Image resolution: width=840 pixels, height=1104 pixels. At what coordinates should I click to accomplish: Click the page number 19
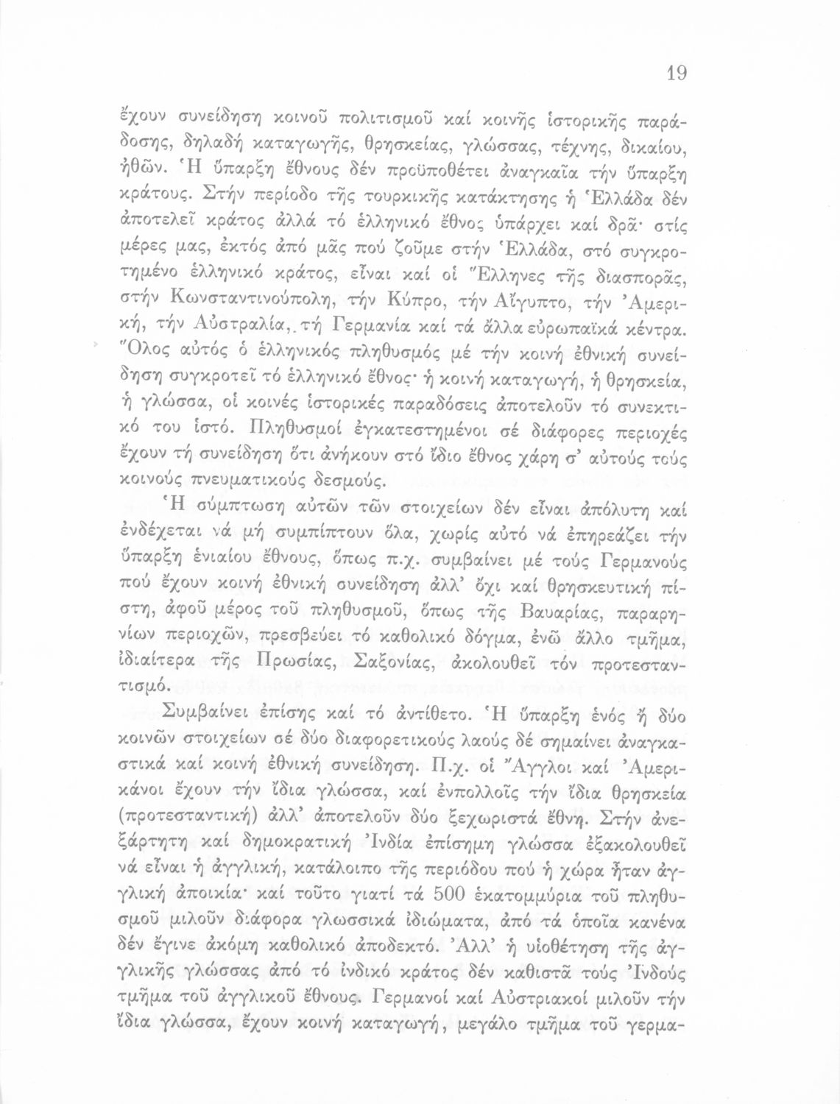677,73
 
